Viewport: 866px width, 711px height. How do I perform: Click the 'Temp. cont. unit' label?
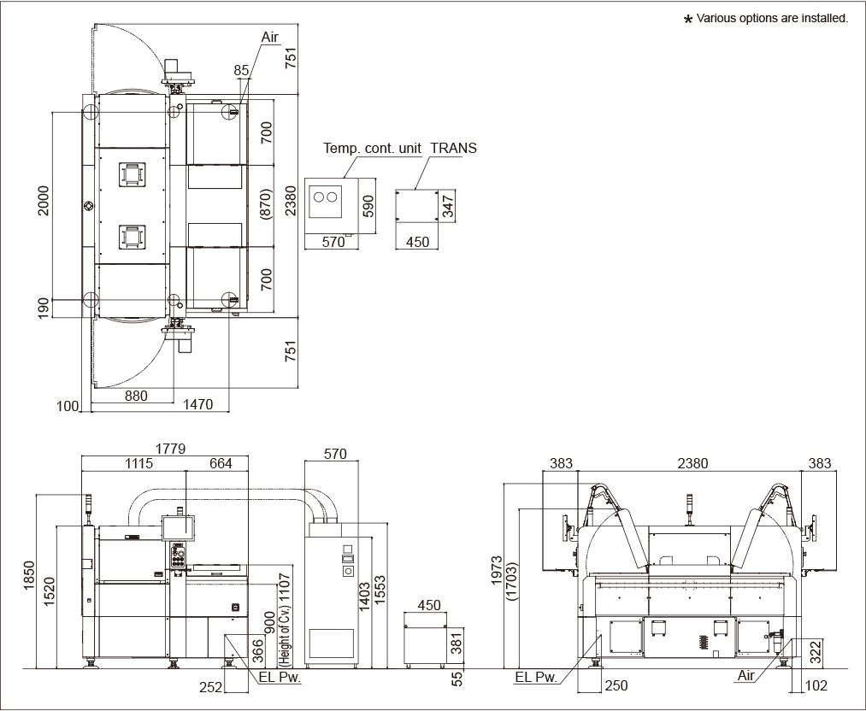pos(372,148)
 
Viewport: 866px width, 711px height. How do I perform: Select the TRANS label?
pos(453,148)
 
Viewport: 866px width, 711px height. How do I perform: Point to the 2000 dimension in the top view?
pos(44,200)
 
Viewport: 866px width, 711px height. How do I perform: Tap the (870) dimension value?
pos(266,204)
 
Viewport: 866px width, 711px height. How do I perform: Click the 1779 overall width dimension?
pos(170,449)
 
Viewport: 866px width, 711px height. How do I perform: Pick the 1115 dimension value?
pos(138,464)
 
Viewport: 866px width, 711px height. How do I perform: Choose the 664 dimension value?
pos(221,464)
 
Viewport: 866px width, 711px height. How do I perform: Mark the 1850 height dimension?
pos(29,576)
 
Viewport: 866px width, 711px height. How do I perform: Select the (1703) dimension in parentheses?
pos(512,581)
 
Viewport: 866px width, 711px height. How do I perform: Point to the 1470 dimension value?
pos(197,404)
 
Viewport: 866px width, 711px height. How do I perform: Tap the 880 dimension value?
pos(137,396)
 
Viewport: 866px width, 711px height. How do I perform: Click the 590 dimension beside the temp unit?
pos(369,206)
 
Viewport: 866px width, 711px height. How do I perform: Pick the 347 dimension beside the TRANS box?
pos(448,206)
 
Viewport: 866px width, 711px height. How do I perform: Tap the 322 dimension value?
pos(816,652)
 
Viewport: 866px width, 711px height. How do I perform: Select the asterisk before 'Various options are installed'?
pos(688,20)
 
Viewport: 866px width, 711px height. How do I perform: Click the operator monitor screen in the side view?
pos(179,526)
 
